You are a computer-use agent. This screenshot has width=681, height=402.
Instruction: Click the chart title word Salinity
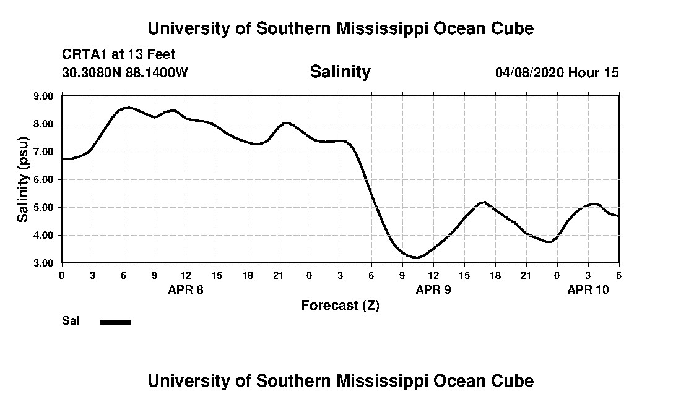340,72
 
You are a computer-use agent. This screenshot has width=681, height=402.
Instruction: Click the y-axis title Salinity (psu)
23,179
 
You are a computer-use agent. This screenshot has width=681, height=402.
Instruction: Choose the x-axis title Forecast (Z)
340,305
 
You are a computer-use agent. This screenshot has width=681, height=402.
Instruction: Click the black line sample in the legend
115,322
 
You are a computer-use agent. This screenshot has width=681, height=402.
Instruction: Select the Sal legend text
70,321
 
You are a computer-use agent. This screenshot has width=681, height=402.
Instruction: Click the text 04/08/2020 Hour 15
557,72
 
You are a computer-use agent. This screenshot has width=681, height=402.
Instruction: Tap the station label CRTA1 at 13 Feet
119,54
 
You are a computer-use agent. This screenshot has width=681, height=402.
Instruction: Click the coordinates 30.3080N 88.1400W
124,72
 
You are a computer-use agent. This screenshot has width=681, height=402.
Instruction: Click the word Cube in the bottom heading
514,380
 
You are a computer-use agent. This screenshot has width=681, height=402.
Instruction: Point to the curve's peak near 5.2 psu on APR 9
484,202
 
